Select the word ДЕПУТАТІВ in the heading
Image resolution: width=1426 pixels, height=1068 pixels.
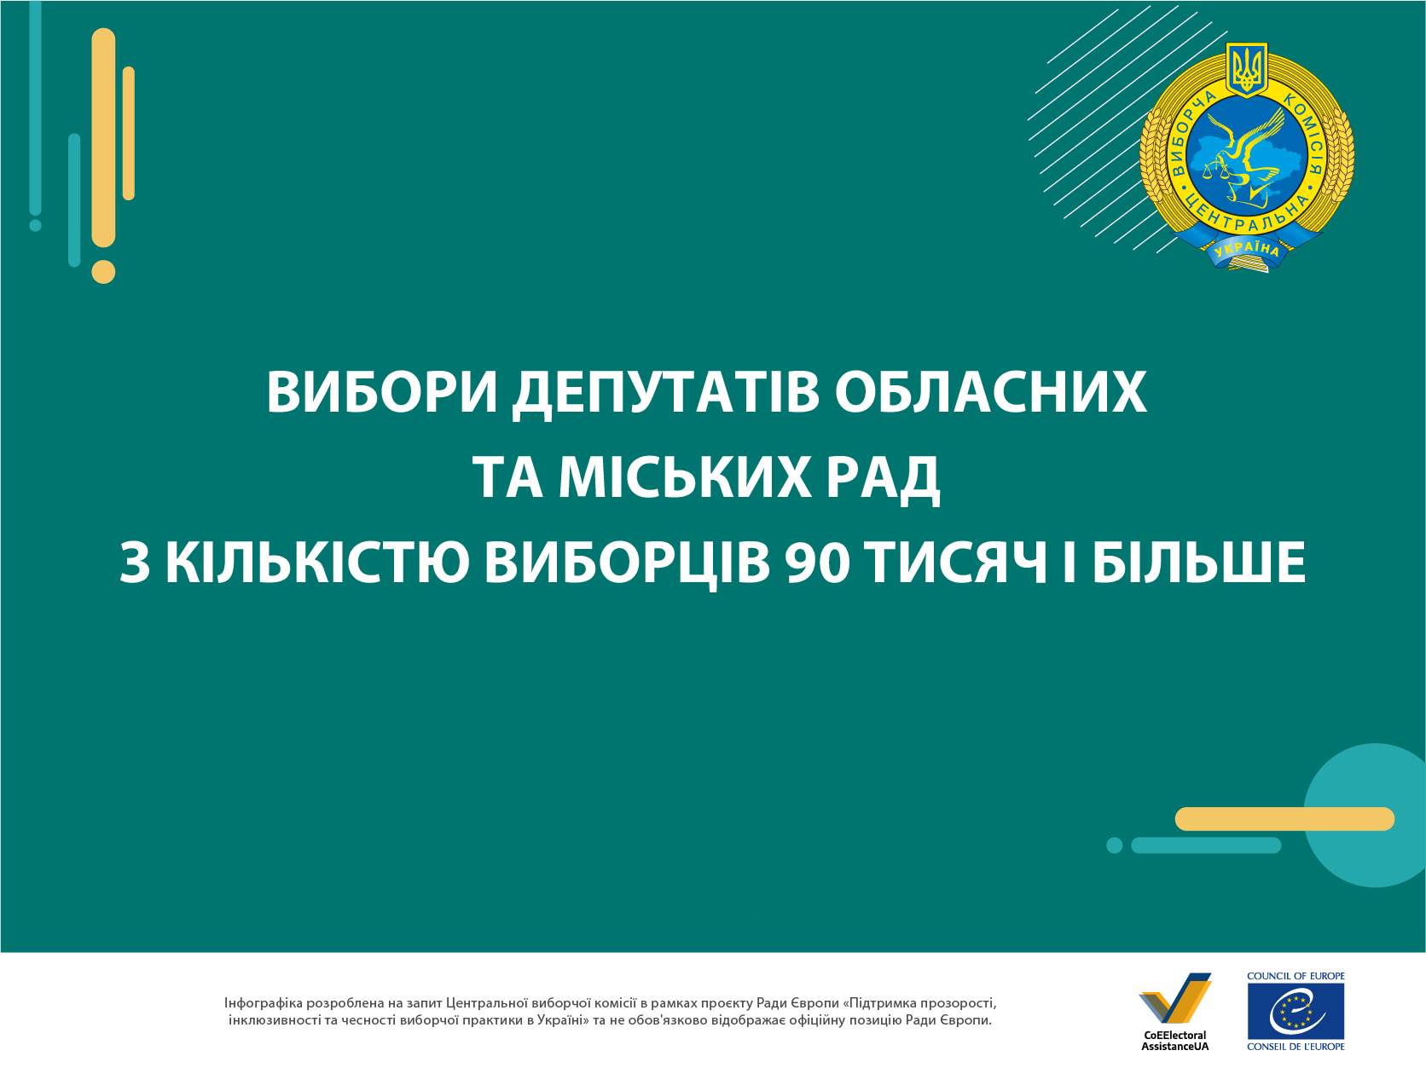pos(665,394)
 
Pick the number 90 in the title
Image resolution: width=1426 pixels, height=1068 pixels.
pos(817,562)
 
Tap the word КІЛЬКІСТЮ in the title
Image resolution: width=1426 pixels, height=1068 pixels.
pos(317,562)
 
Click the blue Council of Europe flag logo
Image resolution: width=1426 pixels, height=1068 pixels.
pos(1296,1012)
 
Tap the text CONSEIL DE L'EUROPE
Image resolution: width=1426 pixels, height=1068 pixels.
pos(1296,1047)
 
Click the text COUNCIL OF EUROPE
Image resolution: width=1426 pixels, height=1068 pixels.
pos(1296,976)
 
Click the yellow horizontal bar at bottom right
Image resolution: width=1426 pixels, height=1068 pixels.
pos(1284,819)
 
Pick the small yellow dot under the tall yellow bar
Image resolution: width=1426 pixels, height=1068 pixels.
pos(103,272)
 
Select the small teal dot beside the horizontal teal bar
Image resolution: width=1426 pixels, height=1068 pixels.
pos(1114,846)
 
